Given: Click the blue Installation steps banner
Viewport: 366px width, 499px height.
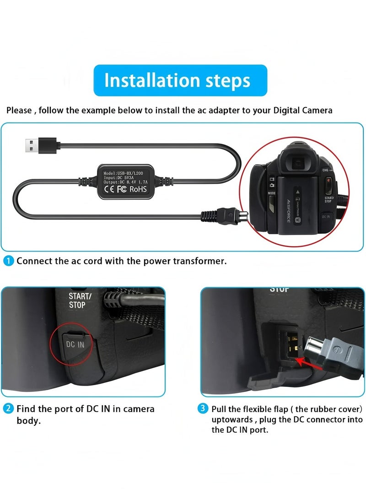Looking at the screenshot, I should tap(180, 80).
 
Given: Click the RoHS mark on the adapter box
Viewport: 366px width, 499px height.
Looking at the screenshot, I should tap(140, 188).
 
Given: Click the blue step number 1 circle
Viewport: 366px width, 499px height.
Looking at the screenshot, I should tap(9, 261).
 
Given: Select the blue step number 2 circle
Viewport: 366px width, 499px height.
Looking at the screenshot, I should tap(9, 408).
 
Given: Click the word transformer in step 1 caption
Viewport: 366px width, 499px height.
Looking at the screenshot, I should tap(199, 261).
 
